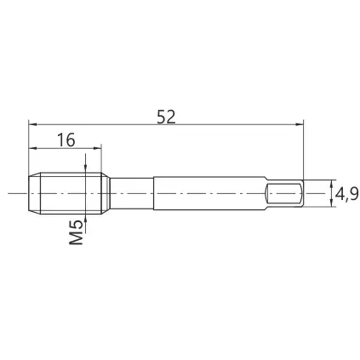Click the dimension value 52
166,117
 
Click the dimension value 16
66,140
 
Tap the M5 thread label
77,233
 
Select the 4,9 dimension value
346,194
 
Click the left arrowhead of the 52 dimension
33,124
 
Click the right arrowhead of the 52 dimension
300,124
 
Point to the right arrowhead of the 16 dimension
97,148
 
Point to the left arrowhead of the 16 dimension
33,148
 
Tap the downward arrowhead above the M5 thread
85,169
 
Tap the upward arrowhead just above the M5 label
85,218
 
